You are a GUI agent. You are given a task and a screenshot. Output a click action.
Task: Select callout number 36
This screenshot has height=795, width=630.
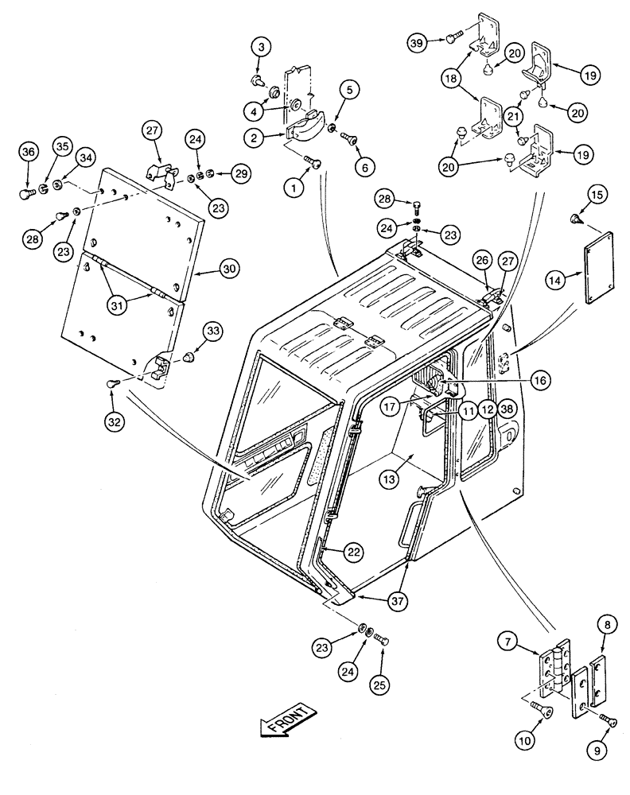28,153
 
